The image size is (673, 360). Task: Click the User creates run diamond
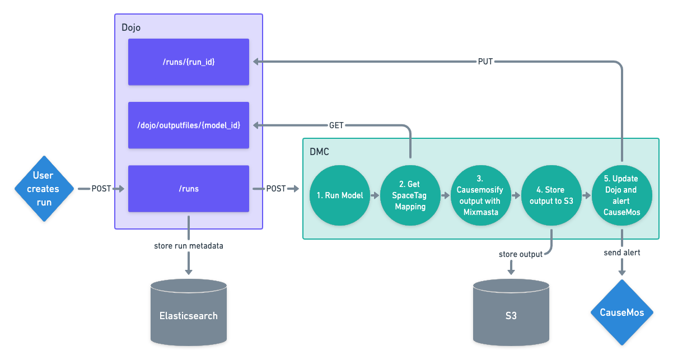pos(44,189)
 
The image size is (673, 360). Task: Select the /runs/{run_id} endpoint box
pos(189,62)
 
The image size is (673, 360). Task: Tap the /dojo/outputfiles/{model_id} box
pos(189,125)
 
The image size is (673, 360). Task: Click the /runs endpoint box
pos(189,189)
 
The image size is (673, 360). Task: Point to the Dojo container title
pos(131,27)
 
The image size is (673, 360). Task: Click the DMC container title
pos(320,151)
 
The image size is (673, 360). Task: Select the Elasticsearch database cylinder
pos(189,315)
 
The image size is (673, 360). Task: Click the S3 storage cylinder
pos(511,315)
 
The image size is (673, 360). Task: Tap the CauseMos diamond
pos(622,312)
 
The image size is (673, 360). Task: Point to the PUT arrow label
pos(486,62)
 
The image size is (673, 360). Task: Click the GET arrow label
pos(336,125)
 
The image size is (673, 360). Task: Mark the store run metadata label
pos(189,246)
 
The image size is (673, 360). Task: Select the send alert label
pos(622,253)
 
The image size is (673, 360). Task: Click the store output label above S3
pos(521,255)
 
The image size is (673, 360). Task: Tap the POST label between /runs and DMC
pos(275,189)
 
